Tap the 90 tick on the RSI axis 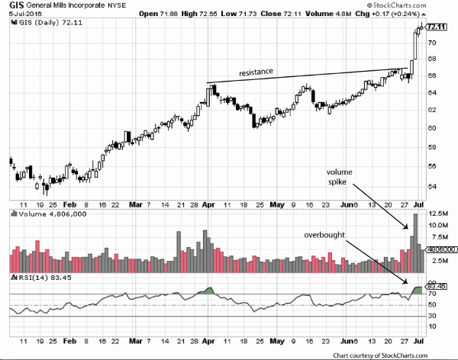click(432, 283)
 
